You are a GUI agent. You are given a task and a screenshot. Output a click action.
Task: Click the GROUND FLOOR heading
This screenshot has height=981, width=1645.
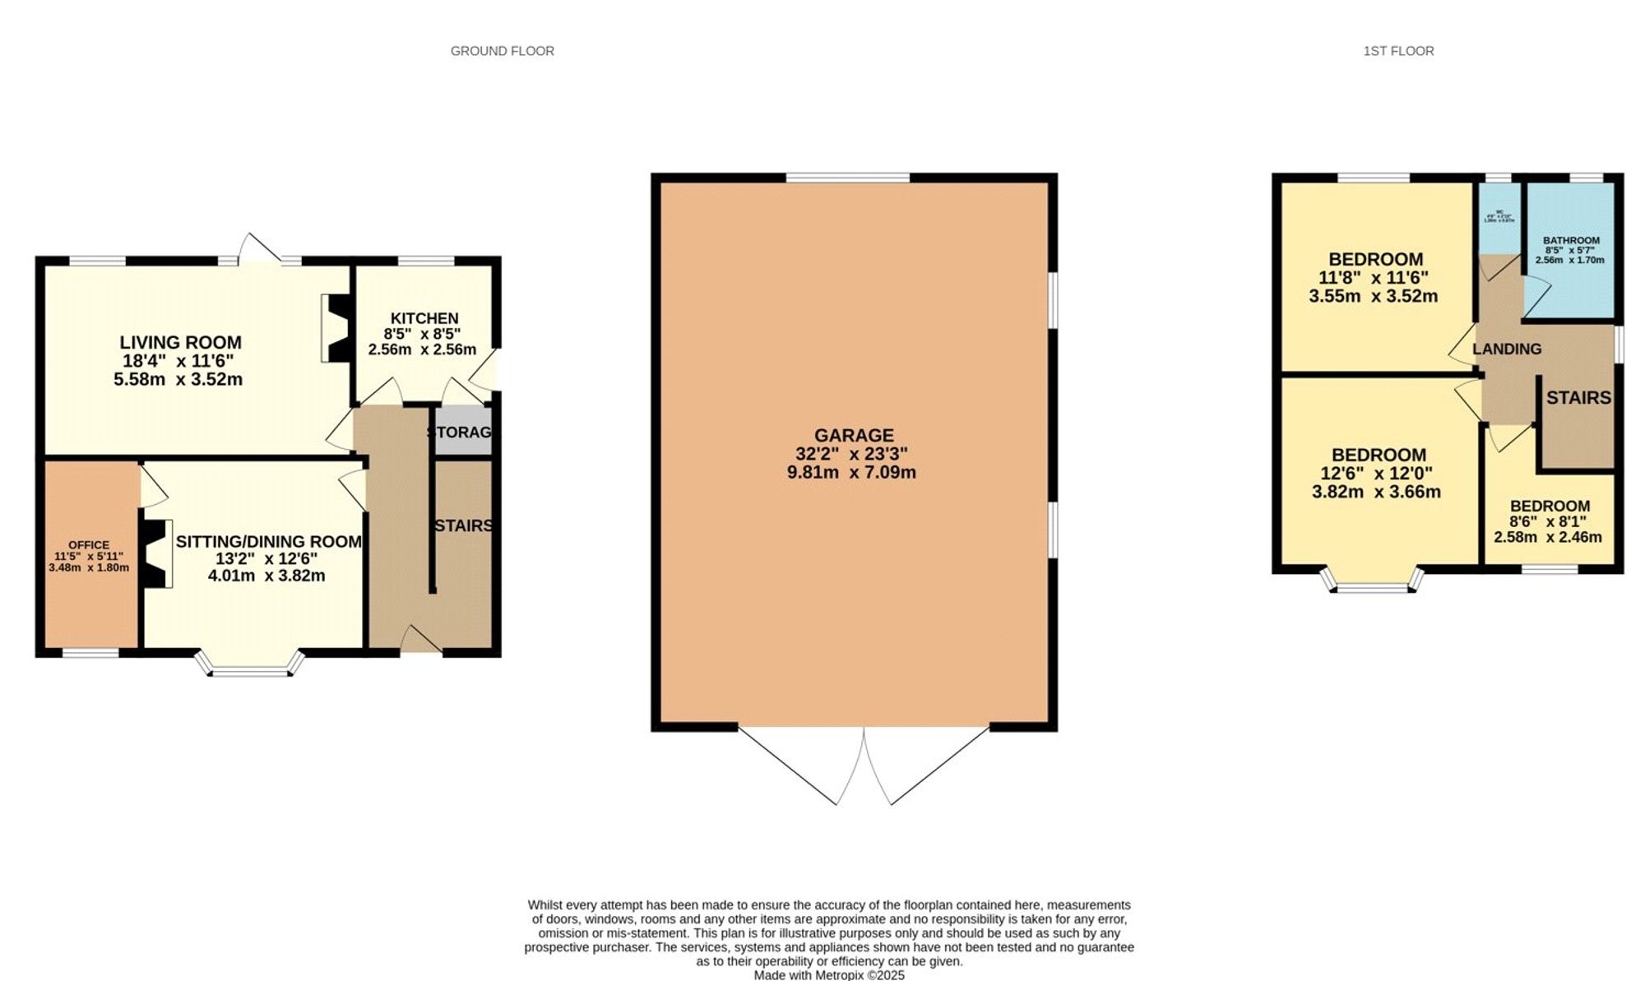[x=502, y=51]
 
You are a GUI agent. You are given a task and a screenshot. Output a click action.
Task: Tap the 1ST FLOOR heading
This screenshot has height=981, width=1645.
[x=1398, y=51]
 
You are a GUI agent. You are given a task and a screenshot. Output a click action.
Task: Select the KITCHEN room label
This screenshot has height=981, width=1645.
[x=424, y=318]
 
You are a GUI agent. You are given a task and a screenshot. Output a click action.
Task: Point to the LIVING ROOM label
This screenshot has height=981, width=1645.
[x=180, y=342]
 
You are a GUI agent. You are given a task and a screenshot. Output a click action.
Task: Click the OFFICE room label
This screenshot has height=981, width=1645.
[x=89, y=544]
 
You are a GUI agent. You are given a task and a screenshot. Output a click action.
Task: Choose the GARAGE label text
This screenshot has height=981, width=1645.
[x=854, y=435]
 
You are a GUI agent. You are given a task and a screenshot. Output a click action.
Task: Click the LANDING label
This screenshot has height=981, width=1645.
[x=1507, y=349]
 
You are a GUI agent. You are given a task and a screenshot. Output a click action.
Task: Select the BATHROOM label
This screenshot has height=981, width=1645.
[x=1571, y=241]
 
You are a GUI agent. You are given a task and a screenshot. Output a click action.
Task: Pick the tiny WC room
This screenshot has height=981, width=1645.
[x=1499, y=218]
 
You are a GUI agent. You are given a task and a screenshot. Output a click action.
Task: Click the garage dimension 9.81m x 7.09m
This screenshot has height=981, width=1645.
[x=851, y=473]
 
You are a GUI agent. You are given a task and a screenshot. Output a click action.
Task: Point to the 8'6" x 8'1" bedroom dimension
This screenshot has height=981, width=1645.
[x=1548, y=521]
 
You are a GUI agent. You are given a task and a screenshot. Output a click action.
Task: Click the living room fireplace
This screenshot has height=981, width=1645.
[x=336, y=327]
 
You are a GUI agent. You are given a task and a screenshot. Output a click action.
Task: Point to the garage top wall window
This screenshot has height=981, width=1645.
[x=848, y=177]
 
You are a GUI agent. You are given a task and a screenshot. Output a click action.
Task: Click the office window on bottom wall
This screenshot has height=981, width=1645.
[x=90, y=653]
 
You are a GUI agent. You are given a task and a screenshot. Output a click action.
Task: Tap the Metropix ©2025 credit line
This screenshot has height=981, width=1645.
[x=829, y=975]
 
